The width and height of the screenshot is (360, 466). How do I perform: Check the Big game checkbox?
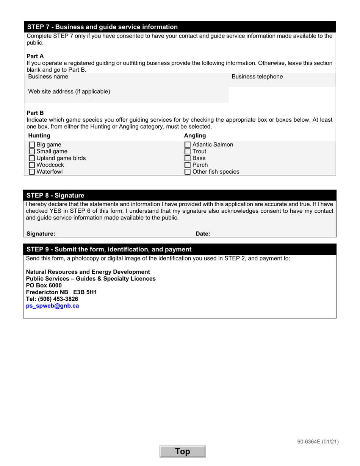(32, 145)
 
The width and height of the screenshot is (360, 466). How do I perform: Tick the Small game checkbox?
(32, 152)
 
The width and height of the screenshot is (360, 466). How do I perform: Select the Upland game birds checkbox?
(32, 158)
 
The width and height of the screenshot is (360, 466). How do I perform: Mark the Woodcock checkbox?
(32, 165)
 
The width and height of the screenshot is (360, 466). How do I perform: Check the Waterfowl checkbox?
(32, 172)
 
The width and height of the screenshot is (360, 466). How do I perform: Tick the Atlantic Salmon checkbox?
(188, 145)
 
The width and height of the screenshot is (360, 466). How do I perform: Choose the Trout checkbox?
(188, 152)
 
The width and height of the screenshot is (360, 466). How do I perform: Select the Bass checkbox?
(188, 158)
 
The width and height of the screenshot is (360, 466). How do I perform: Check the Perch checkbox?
(188, 165)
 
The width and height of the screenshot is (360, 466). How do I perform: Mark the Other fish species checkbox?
(188, 172)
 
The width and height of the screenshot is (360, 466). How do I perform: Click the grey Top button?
(182, 452)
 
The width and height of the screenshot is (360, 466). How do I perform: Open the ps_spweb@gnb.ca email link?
(52, 306)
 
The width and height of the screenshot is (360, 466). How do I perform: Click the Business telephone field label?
(257, 77)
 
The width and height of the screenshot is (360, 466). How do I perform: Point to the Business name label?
(48, 77)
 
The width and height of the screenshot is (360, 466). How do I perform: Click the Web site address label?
(69, 92)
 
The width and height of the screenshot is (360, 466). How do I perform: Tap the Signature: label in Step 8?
(41, 234)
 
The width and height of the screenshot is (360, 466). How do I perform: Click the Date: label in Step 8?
(203, 234)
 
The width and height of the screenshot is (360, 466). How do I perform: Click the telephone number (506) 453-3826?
(57, 299)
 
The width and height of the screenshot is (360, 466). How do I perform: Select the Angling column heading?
(195, 136)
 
